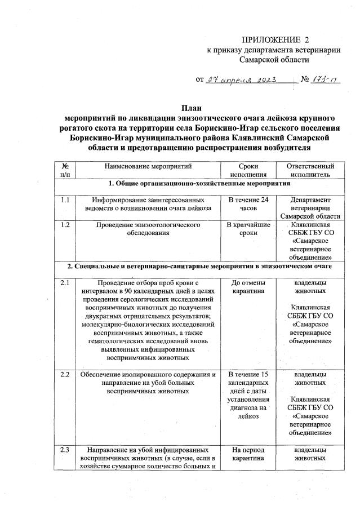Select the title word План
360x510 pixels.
pyautogui.click(x=190, y=108)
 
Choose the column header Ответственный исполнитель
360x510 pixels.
pyautogui.click(x=306, y=171)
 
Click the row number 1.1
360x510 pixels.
pyautogui.click(x=65, y=200)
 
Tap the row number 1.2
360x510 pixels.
pyautogui.click(x=65, y=225)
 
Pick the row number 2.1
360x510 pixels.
pyautogui.click(x=65, y=282)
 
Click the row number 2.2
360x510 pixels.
pyautogui.click(x=65, y=374)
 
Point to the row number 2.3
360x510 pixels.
pyautogui.click(x=65, y=450)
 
